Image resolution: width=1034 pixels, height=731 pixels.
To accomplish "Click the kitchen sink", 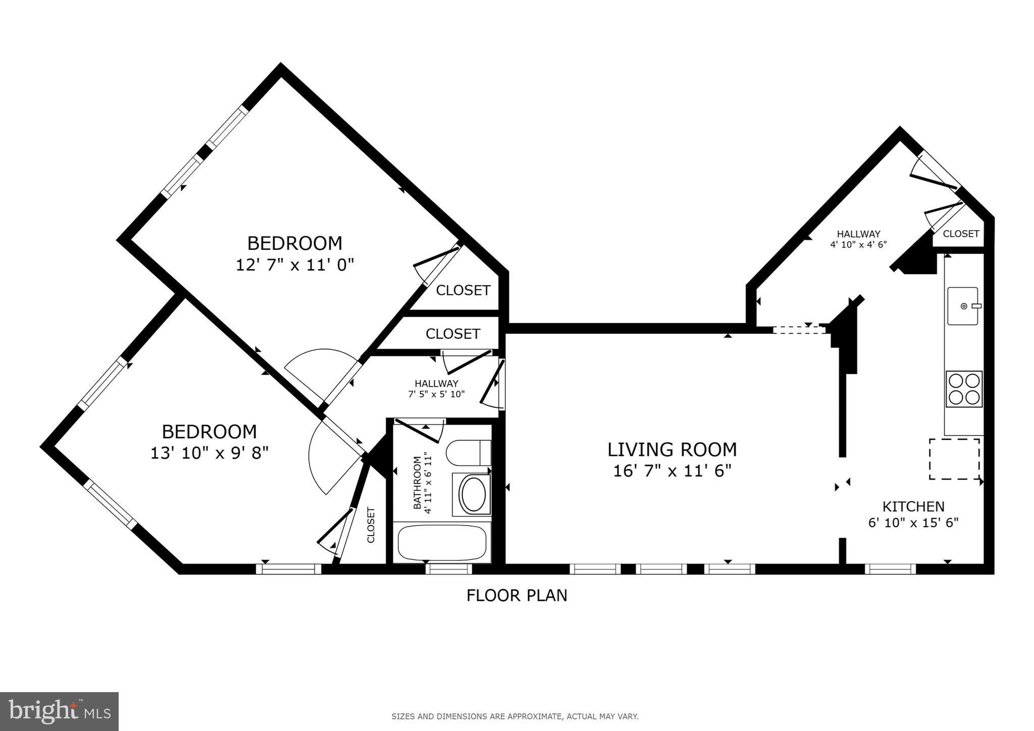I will pyautogui.click(x=962, y=306).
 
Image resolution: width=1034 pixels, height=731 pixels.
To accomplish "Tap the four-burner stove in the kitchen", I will pyautogui.click(x=964, y=389).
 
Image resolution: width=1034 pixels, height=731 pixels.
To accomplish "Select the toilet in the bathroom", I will pyautogui.click(x=469, y=452).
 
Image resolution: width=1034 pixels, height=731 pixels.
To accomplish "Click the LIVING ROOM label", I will pyautogui.click(x=671, y=449).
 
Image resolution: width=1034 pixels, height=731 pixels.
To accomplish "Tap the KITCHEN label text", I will pyautogui.click(x=913, y=506).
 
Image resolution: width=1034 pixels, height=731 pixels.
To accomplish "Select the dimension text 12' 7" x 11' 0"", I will pyautogui.click(x=295, y=265).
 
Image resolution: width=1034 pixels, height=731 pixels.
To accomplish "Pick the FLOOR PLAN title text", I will pyautogui.click(x=516, y=596).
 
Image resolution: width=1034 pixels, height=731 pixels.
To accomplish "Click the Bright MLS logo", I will pyautogui.click(x=59, y=711).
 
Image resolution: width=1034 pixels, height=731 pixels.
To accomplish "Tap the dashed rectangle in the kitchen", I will pyautogui.click(x=954, y=458).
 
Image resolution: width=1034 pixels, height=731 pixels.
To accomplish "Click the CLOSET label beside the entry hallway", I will pyautogui.click(x=960, y=234).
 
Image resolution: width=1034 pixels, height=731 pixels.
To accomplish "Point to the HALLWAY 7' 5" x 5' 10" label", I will pyautogui.click(x=436, y=389).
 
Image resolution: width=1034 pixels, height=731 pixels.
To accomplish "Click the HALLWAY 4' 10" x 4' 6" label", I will pyautogui.click(x=858, y=239).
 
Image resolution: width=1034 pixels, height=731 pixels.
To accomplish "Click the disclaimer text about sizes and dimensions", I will pyautogui.click(x=515, y=716).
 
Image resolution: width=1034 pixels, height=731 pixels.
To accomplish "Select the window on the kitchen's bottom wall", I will pyautogui.click(x=890, y=569).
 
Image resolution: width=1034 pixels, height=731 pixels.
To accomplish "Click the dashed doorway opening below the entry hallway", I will pyautogui.click(x=799, y=330).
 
